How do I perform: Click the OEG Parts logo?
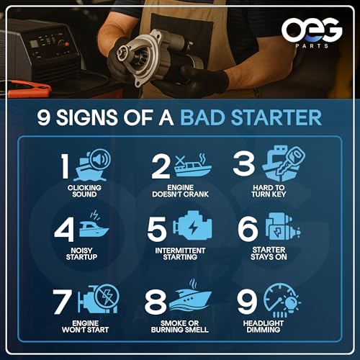(x=312, y=33)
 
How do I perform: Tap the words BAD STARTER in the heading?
(x=251, y=117)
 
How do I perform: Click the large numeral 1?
(x=65, y=166)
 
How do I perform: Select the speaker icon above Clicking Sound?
(x=100, y=159)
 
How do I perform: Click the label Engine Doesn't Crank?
(x=180, y=191)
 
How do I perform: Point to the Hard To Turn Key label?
(x=269, y=191)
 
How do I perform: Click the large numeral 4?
(x=64, y=230)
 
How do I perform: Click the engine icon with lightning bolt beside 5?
(x=192, y=226)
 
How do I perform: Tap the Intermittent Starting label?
(x=180, y=253)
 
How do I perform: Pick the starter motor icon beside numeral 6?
(x=283, y=227)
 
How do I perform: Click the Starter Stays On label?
(x=269, y=253)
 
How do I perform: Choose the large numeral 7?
(x=62, y=302)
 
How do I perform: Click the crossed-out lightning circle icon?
(x=107, y=297)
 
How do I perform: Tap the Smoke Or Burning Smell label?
(x=180, y=326)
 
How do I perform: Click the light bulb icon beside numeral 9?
(x=292, y=304)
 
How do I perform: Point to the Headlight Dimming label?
(x=264, y=326)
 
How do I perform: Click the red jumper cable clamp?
(x=30, y=89)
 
